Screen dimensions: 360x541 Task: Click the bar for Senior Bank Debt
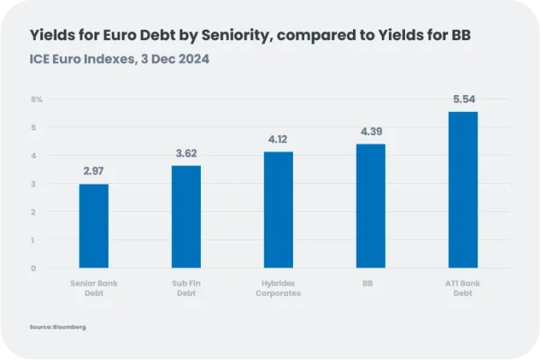[94, 226]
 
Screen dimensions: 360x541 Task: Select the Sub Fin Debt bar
[186, 217]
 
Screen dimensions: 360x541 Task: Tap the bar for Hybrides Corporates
[279, 210]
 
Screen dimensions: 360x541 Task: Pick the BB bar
[371, 206]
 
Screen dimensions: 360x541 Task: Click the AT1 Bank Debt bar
[463, 190]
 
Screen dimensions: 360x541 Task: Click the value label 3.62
[186, 153]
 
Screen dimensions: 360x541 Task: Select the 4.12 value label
[279, 139]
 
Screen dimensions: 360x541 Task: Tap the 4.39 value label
[371, 131]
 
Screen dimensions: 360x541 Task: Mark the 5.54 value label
[463, 99]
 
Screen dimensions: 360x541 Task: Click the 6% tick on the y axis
[37, 99]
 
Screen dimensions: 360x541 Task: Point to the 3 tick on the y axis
[34, 183]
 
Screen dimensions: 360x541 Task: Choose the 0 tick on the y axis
[34, 268]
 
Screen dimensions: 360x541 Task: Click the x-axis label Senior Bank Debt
[94, 288]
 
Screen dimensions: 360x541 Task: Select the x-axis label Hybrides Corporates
[279, 288]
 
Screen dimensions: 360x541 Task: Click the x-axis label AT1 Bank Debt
[463, 288]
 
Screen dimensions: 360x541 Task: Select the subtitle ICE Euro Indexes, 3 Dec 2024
[119, 59]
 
